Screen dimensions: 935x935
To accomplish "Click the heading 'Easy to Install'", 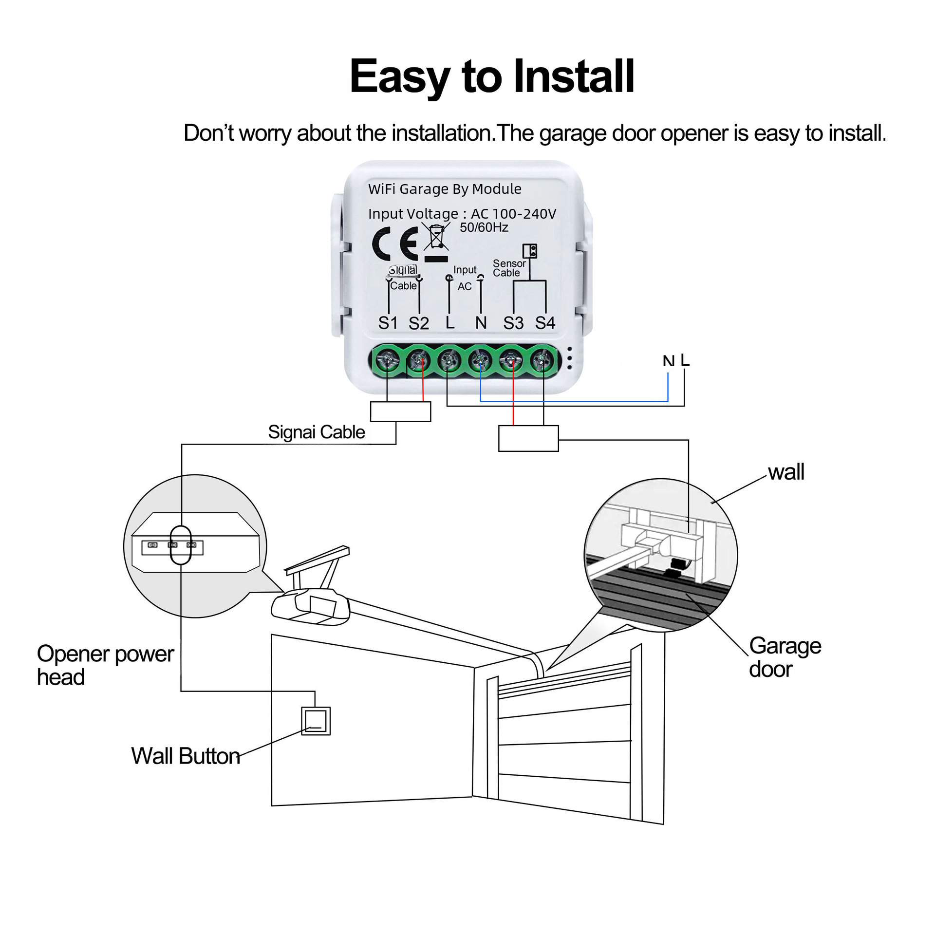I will (492, 76).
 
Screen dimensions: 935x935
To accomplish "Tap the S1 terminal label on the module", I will (388, 323).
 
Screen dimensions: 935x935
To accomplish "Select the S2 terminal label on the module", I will (419, 323).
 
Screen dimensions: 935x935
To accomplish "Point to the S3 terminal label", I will (513, 323).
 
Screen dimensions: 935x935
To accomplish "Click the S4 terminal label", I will (545, 323).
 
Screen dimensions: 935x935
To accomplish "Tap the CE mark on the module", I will (395, 243).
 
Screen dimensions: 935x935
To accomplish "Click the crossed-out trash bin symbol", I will (436, 238).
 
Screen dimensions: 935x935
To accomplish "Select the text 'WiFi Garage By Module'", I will (445, 189).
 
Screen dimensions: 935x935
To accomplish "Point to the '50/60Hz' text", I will (484, 227).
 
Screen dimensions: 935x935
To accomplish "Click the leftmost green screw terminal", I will (388, 361).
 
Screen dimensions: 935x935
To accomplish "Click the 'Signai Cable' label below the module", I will (317, 432).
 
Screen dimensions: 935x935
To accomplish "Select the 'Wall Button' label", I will (186, 756).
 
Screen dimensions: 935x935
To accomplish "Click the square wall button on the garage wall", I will (316, 721).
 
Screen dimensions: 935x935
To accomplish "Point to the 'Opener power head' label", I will (105, 665).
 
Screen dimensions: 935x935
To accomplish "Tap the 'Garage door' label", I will (785, 657).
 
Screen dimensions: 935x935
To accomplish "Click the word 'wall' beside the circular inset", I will (786, 472).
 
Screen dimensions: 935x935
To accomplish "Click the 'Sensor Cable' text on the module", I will (509, 268).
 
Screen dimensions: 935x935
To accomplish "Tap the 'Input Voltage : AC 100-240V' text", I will (462, 214).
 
